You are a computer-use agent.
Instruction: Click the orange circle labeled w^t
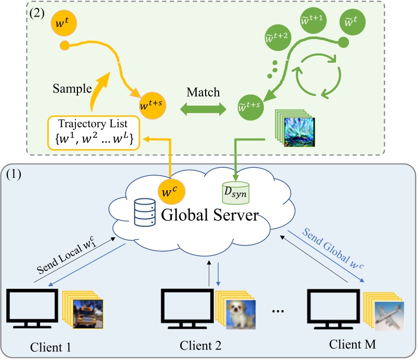point(61,24)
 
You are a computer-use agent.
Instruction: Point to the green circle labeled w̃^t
point(352,23)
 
